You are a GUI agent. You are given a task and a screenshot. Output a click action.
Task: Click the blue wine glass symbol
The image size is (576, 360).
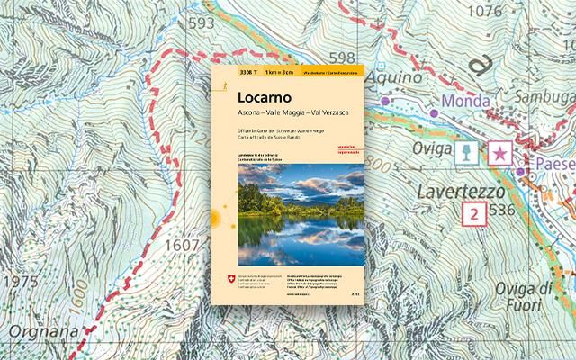tap(465, 154)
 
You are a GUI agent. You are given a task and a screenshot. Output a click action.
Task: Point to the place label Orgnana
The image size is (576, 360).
tap(31, 331)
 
